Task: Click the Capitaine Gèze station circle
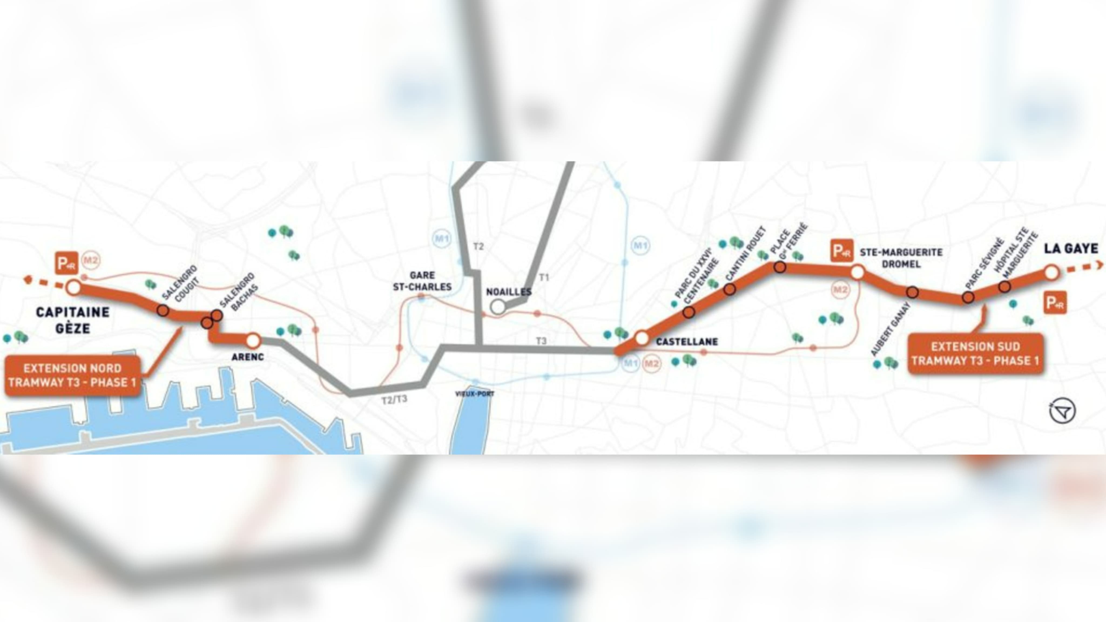coord(73,287)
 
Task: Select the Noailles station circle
coord(498,307)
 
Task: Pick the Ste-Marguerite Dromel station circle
coord(857,272)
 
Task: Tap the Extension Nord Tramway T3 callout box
coord(73,375)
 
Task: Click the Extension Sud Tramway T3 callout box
coord(975,353)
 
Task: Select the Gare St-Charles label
coord(422,281)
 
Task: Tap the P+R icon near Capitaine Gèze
coord(66,263)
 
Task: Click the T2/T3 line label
coord(394,400)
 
